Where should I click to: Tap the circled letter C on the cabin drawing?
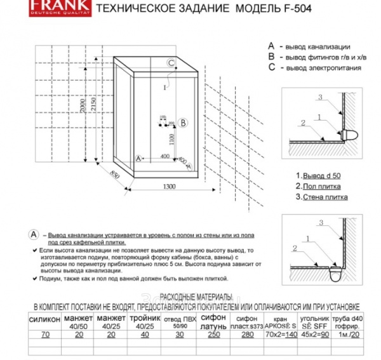point(171,62)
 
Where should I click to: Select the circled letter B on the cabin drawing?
point(183,123)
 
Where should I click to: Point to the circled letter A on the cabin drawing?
point(137,159)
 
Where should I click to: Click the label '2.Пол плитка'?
point(317,187)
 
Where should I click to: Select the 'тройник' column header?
point(145,317)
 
